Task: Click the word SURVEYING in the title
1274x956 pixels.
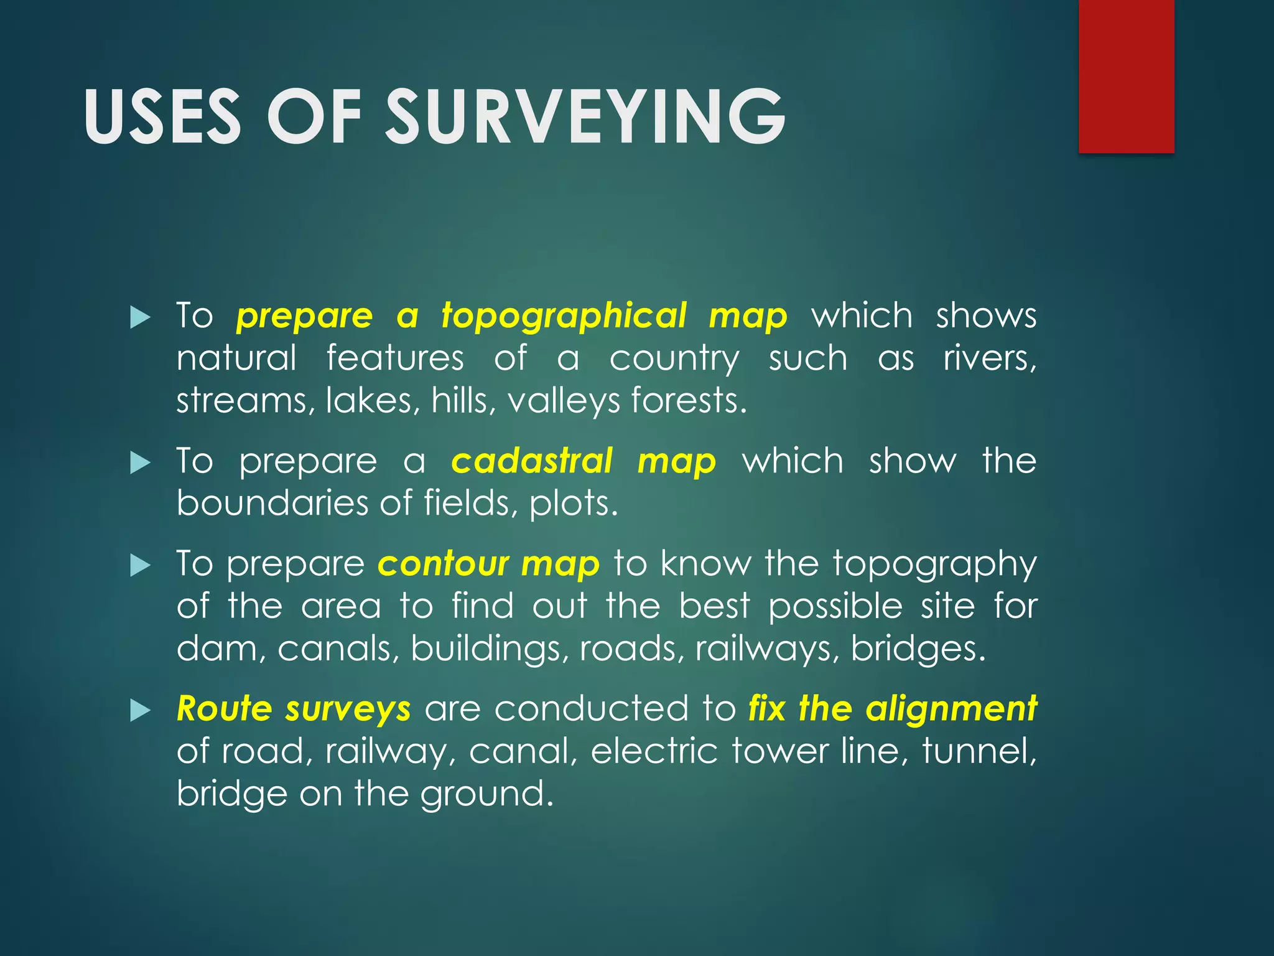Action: tap(586, 116)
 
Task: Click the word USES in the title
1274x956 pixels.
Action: tap(162, 116)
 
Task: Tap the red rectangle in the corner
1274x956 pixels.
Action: tap(1126, 76)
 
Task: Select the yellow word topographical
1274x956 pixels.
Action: tap(564, 316)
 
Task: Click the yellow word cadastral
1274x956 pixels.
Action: tap(532, 461)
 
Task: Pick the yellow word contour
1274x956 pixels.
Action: tap(443, 564)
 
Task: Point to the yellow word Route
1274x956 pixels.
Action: tap(225, 709)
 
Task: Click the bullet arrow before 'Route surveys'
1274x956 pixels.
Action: tap(141, 710)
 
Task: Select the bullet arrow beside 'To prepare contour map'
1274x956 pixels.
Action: tap(141, 566)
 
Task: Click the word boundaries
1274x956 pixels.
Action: tap(272, 503)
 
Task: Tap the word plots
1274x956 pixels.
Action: tap(573, 503)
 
